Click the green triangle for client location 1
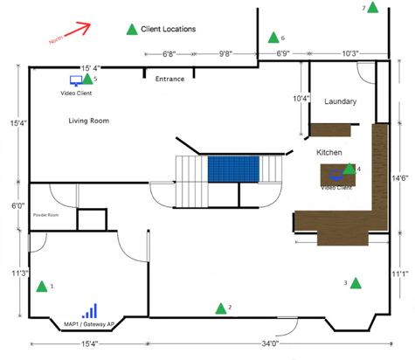point(41,286)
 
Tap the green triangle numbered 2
point(219,308)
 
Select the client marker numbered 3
point(355,282)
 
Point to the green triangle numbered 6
point(273,38)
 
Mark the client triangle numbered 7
point(373,8)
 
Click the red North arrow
point(73,32)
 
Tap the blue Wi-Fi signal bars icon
point(90,311)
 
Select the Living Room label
point(89,121)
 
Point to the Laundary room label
point(340,101)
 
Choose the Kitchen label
point(329,152)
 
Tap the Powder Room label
point(45,214)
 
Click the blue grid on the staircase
point(234,169)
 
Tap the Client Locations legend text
point(168,29)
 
